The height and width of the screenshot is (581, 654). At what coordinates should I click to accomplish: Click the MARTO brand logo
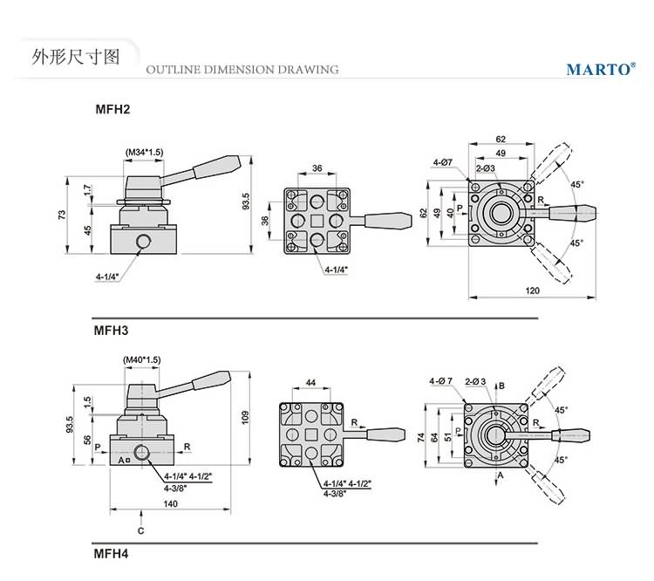pos(600,69)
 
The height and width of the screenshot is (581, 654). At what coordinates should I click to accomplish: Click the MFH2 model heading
pos(112,110)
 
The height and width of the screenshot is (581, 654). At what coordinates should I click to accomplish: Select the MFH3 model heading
pos(111,331)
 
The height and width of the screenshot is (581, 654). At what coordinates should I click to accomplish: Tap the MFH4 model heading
pos(111,552)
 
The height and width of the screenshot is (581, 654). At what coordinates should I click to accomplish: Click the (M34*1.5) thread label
pos(144,153)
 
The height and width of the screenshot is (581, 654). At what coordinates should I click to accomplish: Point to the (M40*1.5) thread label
pos(142,359)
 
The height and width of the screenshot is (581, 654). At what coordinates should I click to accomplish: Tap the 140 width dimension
pos(170,504)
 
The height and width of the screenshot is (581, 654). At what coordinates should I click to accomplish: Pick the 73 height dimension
pos(63,215)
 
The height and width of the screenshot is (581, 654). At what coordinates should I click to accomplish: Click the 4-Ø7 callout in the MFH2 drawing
pos(443,162)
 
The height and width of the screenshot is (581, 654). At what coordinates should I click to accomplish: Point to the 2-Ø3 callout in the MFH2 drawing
pos(486,168)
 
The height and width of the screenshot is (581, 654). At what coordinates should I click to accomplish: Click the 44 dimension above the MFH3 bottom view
pos(310,384)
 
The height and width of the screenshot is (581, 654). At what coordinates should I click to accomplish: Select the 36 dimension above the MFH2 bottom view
pos(317,167)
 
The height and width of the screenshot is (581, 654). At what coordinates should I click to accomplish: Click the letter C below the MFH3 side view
pos(140,530)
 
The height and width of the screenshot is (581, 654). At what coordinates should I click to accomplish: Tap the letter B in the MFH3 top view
pos(502,386)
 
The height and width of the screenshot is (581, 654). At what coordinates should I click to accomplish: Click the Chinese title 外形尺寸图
pos(62,58)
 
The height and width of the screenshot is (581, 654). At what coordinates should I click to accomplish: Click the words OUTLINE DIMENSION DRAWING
pos(242,70)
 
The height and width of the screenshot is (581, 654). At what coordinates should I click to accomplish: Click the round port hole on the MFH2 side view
pos(143,239)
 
